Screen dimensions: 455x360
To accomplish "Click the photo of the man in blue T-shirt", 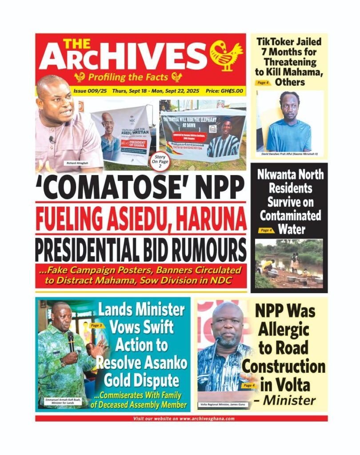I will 289,121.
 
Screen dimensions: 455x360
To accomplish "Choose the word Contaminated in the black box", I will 290,216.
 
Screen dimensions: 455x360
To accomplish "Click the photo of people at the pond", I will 289,264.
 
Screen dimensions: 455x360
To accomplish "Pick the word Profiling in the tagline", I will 108,77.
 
